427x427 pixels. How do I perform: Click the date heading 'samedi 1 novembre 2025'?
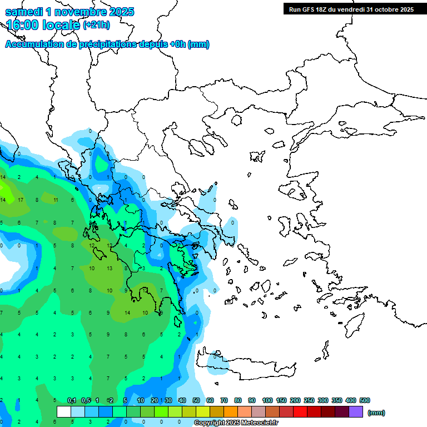click(x=69, y=12)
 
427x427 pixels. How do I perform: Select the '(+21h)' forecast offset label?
click(x=96, y=25)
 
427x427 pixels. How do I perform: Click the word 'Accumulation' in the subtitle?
click(x=34, y=44)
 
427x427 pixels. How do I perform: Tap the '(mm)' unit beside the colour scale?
click(x=376, y=413)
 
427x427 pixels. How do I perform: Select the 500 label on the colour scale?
click(x=364, y=400)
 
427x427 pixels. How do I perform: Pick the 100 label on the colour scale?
click(x=267, y=400)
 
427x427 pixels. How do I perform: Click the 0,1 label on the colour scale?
click(x=72, y=400)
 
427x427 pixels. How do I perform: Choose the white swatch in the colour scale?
click(x=64, y=412)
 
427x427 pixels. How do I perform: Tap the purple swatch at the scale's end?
click(x=356, y=412)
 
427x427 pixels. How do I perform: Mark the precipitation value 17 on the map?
click(x=20, y=200)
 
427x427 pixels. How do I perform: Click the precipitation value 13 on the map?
click(x=110, y=269)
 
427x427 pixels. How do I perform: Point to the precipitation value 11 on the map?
click(x=56, y=200)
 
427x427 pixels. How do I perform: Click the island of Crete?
click(x=250, y=367)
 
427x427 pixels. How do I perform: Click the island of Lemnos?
click(x=258, y=156)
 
